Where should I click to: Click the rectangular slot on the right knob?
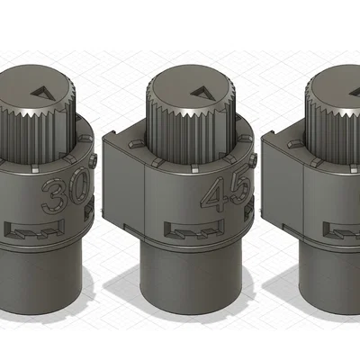tap(342, 229)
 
